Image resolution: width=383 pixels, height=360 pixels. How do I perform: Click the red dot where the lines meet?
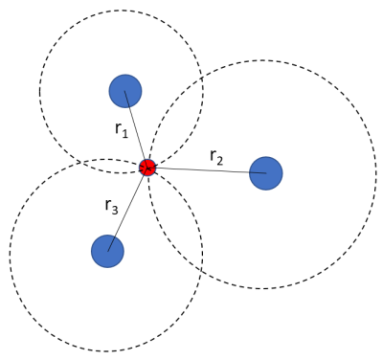click(147, 168)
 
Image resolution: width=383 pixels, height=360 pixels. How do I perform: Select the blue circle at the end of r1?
click(125, 91)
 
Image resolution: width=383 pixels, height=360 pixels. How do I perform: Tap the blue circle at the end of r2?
click(266, 173)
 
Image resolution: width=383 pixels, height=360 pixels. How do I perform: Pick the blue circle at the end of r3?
click(107, 251)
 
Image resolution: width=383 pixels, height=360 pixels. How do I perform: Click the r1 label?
click(122, 129)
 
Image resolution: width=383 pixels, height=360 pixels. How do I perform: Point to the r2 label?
click(216, 157)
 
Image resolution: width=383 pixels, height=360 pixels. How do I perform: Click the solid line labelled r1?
click(136, 129)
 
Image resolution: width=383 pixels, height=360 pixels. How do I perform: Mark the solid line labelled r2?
click(207, 170)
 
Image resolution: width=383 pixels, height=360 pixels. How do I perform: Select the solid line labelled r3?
click(127, 209)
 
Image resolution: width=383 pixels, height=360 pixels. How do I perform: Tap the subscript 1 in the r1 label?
click(124, 134)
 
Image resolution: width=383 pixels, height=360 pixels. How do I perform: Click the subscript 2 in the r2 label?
click(220, 162)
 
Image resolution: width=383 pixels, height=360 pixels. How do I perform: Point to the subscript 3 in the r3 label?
click(115, 211)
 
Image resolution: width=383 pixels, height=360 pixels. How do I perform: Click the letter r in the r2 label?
click(213, 155)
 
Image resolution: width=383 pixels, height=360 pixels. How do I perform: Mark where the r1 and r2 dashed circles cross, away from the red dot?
click(203, 78)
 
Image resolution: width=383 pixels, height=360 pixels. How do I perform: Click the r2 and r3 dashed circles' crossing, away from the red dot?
click(201, 270)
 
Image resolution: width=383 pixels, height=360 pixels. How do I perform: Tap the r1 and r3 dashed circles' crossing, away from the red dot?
click(79, 162)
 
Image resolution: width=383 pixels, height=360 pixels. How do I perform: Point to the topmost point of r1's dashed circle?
click(122, 11)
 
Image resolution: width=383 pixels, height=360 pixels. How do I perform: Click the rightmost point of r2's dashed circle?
click(376, 174)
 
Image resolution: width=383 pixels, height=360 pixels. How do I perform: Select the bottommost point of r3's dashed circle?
click(105, 351)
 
